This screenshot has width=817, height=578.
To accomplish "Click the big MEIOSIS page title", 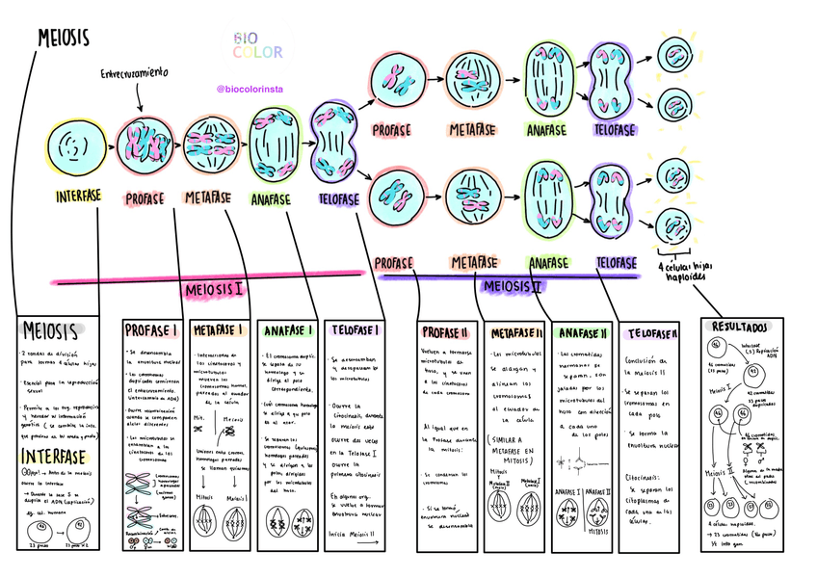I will [63, 38].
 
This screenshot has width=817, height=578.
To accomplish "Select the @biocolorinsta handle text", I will [256, 89].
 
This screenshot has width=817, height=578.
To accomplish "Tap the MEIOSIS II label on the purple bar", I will [512, 286].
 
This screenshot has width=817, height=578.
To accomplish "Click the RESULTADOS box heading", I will [747, 328].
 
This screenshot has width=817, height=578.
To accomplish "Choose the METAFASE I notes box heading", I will [216, 330].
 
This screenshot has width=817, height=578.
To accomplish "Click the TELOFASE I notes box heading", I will [354, 330].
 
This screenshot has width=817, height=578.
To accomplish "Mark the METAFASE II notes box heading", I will [516, 333].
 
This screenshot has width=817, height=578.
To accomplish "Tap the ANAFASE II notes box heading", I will [583, 333].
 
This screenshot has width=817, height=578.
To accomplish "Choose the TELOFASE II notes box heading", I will [651, 333].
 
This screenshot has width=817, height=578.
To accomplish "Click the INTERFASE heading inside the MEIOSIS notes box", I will [55, 454].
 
